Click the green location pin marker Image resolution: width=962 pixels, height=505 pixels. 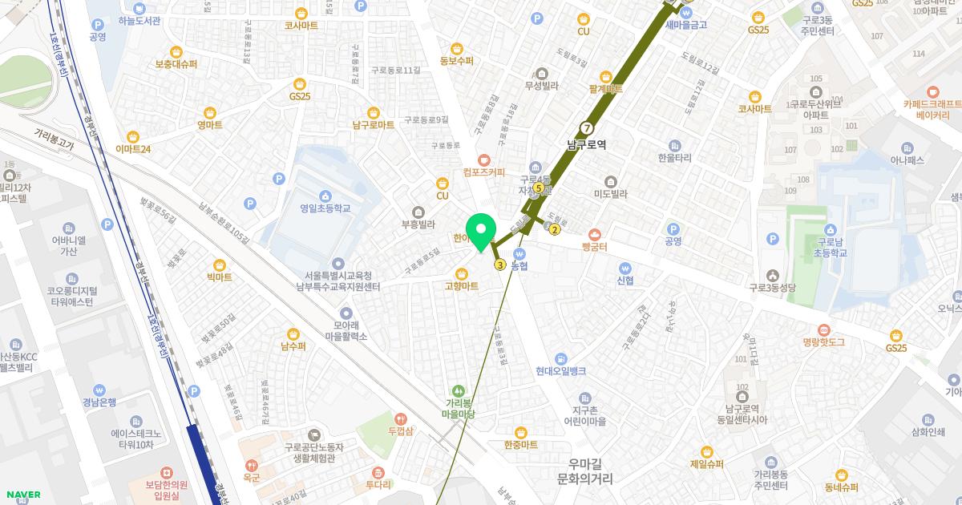tap(481, 232)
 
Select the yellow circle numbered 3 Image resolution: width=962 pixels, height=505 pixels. tap(500, 265)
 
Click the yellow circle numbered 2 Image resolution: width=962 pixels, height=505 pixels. tap(555, 230)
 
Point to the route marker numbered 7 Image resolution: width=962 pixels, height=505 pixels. tap(587, 128)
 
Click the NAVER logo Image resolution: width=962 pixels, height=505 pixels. tap(22, 495)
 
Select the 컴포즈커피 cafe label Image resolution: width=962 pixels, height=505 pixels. tap(483, 171)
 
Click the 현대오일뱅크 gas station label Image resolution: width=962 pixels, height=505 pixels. tap(561, 370)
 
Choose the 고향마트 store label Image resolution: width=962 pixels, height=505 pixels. tap(462, 285)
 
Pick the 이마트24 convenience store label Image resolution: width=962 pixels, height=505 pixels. tap(133, 148)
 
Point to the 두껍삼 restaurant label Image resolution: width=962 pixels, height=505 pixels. tap(401, 430)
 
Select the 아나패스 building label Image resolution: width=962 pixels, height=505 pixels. tap(907, 160)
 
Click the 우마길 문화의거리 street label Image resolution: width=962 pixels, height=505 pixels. tap(584, 471)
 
